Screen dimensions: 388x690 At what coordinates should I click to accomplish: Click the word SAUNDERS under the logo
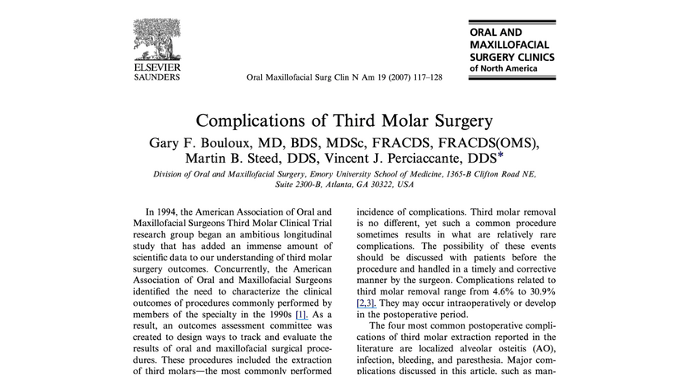156,77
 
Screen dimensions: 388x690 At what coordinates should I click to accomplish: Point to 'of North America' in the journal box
504,69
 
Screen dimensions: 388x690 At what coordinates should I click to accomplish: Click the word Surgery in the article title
459,121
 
